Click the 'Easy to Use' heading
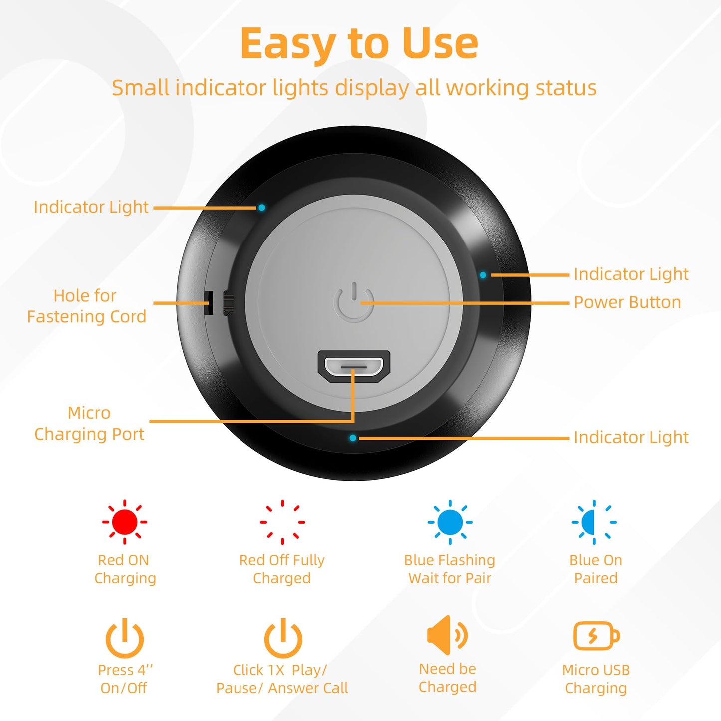pos(359,44)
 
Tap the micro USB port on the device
pos(354,367)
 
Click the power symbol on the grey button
pos(354,302)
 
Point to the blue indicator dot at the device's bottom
pos(353,438)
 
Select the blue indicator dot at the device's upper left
pos(262,207)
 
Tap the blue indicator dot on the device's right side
pos(482,275)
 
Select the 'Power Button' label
pos(627,302)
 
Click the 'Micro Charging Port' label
pos(89,423)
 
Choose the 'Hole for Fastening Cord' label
pos(86,306)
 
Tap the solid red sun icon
pos(124,522)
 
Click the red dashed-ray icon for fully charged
pos(282,522)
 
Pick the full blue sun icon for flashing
pos(450,522)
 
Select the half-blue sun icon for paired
pos(594,522)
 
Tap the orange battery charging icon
pos(596,636)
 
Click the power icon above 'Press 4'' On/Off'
pos(124,638)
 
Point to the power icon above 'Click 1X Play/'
pos(283,638)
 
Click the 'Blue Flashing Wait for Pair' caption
pos(450,569)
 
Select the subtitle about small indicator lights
pos(354,88)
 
